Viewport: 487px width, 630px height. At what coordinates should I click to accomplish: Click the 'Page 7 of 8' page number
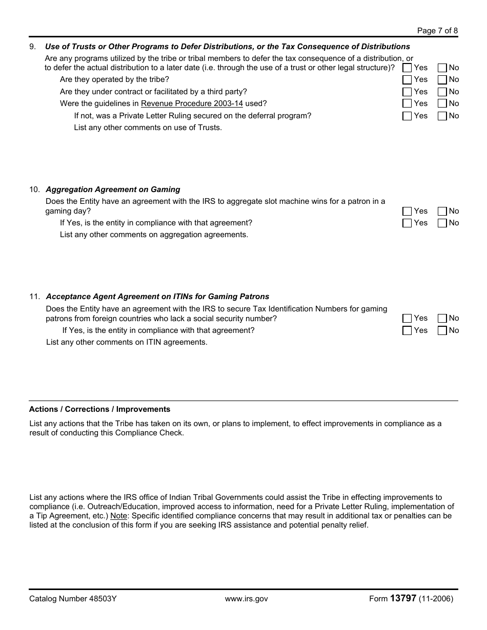point(437,31)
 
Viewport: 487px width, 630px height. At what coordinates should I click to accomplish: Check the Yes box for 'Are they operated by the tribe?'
point(407,80)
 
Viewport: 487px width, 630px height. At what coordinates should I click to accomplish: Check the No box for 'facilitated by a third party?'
point(442,92)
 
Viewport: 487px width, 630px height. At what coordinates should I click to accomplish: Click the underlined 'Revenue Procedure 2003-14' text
point(192,103)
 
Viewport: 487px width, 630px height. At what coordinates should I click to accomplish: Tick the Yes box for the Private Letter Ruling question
point(407,116)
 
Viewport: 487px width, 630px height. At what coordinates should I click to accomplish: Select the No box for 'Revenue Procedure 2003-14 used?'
point(442,104)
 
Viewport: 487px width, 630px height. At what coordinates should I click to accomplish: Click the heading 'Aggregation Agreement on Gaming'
point(113,190)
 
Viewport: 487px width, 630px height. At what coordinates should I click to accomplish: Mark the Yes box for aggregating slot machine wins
point(407,212)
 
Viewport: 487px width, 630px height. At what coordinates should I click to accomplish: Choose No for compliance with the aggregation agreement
point(442,223)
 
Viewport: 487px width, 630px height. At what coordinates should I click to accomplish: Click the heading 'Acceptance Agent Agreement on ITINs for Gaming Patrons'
point(157,297)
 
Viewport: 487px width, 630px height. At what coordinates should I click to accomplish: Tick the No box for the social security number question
point(442,319)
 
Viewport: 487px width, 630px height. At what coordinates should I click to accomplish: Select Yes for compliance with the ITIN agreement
point(407,331)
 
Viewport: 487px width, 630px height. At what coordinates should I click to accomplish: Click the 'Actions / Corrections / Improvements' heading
point(99,409)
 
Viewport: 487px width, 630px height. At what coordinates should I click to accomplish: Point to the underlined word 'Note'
point(118,516)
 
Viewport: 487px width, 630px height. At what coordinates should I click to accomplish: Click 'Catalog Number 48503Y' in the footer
point(73,599)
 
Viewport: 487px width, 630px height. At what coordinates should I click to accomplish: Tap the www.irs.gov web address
point(246,599)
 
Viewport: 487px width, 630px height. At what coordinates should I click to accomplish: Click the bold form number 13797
point(403,598)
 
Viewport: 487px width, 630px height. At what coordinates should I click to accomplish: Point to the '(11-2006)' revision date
point(436,599)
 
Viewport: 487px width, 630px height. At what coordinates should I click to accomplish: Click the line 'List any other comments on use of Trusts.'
point(148,128)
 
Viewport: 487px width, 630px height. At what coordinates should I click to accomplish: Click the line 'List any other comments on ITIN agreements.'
point(127,342)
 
